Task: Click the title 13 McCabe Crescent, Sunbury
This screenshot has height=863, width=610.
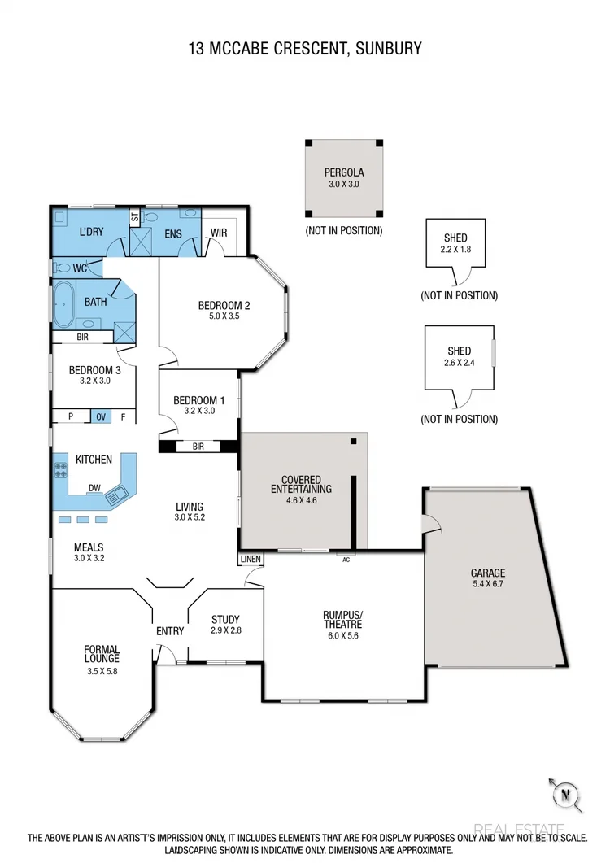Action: click(305, 49)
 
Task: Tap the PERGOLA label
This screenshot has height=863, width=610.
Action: click(343, 172)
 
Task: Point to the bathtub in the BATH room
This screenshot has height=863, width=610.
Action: click(64, 303)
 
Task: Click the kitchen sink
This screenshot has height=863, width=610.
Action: click(117, 491)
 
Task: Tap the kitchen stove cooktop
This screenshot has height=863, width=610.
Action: click(61, 470)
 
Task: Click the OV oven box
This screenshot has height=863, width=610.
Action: click(101, 416)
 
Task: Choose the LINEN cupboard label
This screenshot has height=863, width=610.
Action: click(251, 560)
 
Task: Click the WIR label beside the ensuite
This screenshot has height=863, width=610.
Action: click(219, 233)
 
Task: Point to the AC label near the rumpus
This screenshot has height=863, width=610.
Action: click(346, 560)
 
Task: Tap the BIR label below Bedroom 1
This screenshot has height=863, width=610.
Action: click(198, 447)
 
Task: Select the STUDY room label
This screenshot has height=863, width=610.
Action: click(225, 619)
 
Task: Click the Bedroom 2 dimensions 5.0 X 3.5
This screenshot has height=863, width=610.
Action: click(224, 317)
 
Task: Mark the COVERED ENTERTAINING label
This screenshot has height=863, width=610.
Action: click(301, 485)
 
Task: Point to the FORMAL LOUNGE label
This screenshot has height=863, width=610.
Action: click(102, 654)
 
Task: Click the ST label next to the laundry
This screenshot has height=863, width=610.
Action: click(134, 218)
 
